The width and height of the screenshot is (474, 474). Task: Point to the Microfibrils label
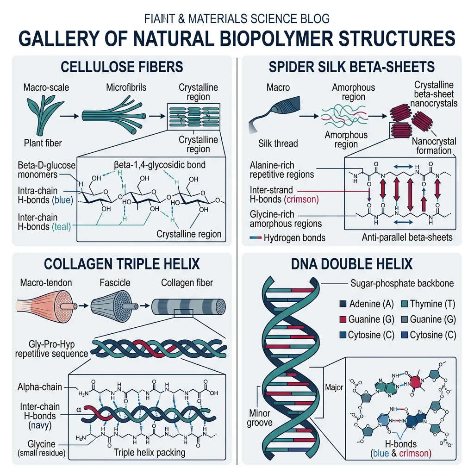point(125,87)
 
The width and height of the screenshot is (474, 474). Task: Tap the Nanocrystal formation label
point(433,146)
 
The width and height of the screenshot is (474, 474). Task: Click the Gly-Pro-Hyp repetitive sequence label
point(51,349)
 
